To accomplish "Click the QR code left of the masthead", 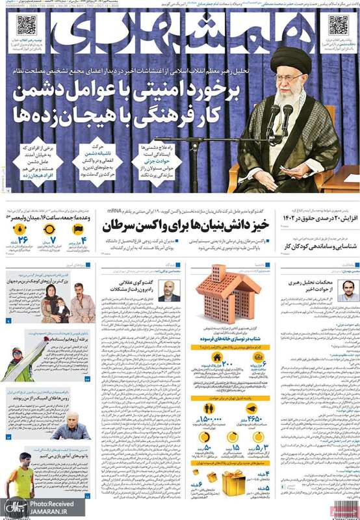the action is [x=25, y=25].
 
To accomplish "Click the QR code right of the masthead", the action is [x=339, y=25].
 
